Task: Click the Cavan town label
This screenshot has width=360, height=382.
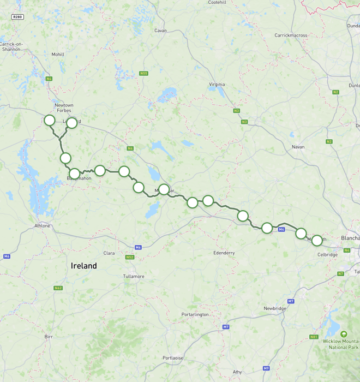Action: [x=160, y=31]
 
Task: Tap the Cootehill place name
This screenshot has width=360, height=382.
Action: [x=217, y=3]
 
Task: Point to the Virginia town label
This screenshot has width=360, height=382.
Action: [x=217, y=85]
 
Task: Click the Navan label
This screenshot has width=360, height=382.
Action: [x=298, y=147]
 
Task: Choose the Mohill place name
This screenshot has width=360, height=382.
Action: [x=58, y=55]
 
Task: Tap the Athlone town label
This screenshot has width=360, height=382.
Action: [x=42, y=225]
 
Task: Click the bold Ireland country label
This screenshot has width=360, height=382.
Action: [x=83, y=266]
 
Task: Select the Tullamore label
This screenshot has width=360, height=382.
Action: [x=134, y=276]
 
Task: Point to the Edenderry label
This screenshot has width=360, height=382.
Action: [x=224, y=253]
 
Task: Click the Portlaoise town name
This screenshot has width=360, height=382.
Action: [x=173, y=358]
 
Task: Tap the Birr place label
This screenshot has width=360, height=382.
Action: [x=49, y=337]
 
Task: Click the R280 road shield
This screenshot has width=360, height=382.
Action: [x=17, y=17]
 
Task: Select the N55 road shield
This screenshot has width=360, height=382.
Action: [x=143, y=73]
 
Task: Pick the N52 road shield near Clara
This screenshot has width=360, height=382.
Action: [x=129, y=257]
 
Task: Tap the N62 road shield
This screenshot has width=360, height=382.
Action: [x=58, y=288]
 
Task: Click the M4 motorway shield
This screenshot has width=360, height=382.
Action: [x=281, y=230]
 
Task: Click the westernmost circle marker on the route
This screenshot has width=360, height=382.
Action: [x=49, y=120]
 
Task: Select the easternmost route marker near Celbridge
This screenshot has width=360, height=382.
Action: [x=316, y=240]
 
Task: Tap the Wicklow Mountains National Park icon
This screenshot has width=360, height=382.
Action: [x=344, y=334]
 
